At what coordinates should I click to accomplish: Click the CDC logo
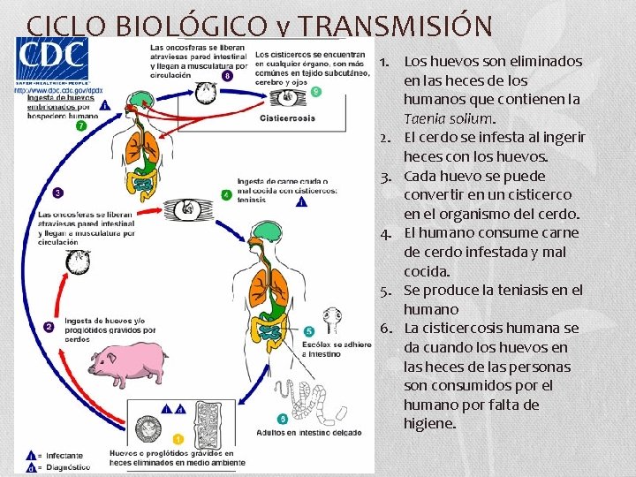click(52, 59)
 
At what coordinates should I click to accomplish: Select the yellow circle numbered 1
click(178, 438)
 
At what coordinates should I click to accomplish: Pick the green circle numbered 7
click(81, 126)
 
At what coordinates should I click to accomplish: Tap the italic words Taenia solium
click(449, 118)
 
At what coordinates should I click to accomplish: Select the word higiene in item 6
click(429, 424)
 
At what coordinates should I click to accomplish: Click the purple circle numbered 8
click(229, 76)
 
